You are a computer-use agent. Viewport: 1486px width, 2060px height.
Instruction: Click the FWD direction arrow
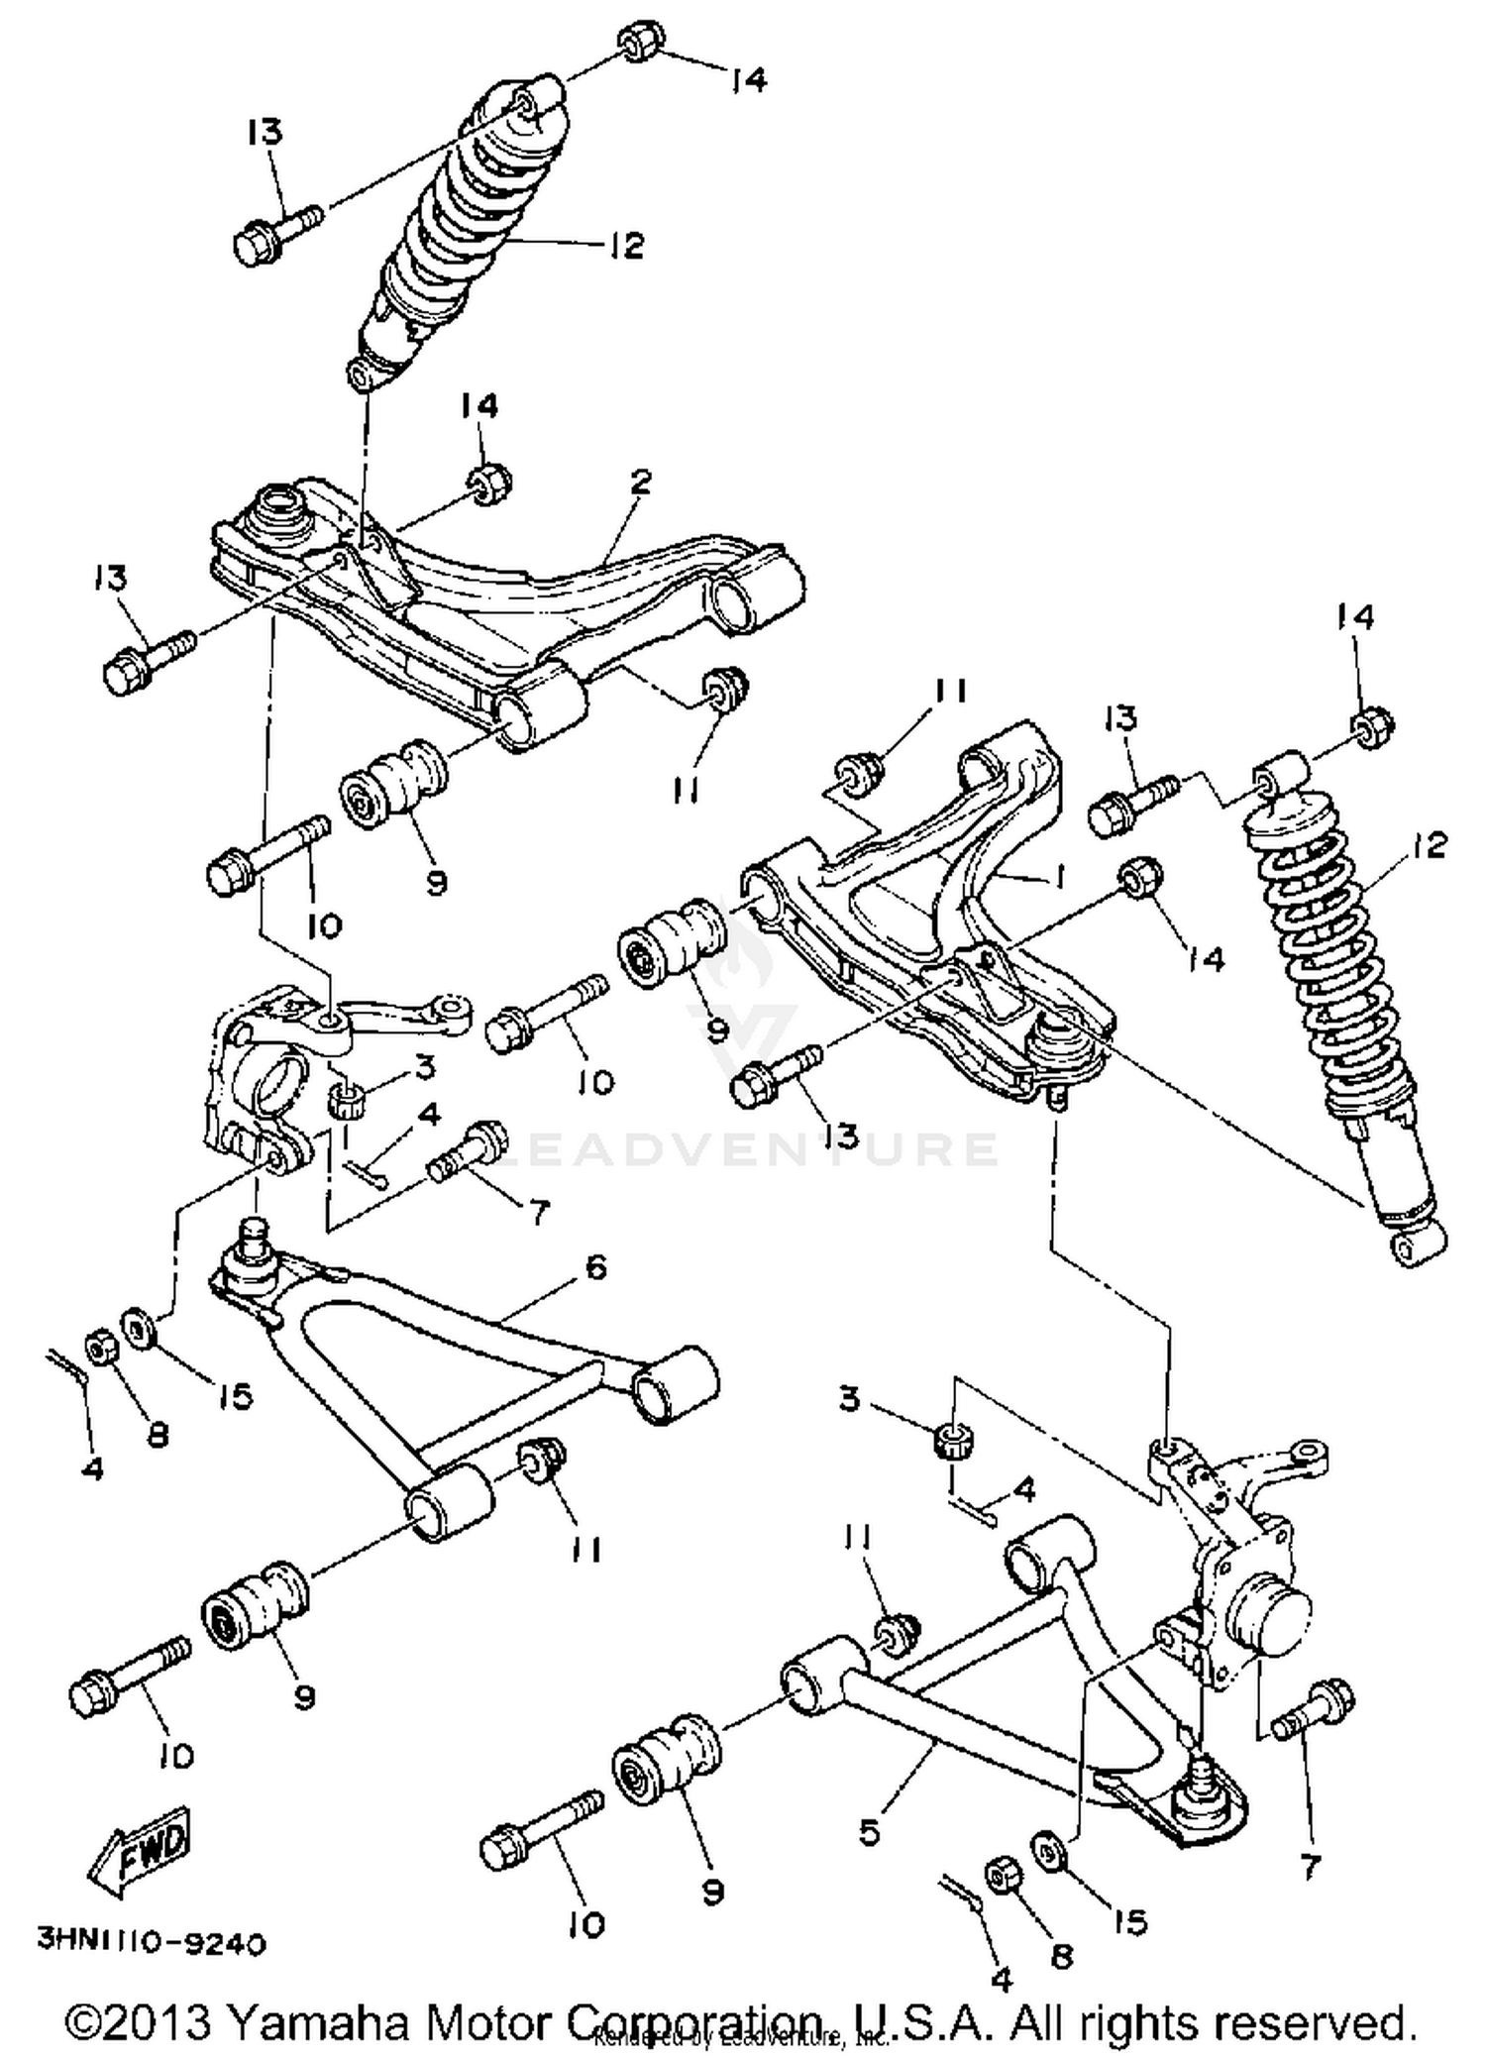tap(141, 1850)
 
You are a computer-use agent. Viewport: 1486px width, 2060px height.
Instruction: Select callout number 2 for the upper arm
tap(641, 483)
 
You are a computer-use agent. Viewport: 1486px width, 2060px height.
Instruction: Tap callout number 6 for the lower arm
tap(595, 1266)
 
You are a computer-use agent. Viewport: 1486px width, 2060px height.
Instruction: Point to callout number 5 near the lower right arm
tap(869, 1832)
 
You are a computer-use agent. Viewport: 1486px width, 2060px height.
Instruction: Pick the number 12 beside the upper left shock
tap(626, 245)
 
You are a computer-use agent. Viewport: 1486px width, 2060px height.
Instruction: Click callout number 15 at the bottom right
tap(1129, 1922)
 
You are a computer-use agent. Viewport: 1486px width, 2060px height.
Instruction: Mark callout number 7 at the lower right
tap(1310, 1868)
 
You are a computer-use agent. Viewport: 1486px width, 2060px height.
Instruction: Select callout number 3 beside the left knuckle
tap(424, 1067)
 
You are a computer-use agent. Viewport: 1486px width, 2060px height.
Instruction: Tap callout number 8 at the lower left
tap(158, 1434)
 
